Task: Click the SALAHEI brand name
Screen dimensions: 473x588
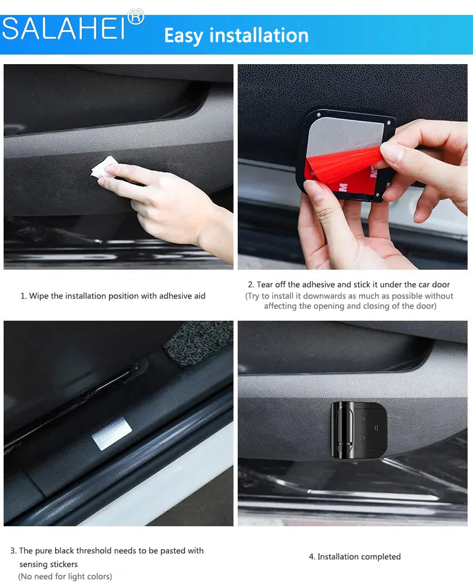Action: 63,29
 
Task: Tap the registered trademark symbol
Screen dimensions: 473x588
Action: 135,17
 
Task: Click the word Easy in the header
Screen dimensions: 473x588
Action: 183,36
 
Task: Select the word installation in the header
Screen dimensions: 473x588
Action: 259,35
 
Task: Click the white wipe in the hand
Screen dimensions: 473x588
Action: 105,167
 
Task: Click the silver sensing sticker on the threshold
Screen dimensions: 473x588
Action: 111,433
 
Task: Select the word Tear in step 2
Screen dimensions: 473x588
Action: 265,285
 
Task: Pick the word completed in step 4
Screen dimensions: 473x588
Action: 381,557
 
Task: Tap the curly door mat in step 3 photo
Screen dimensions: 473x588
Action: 199,343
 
